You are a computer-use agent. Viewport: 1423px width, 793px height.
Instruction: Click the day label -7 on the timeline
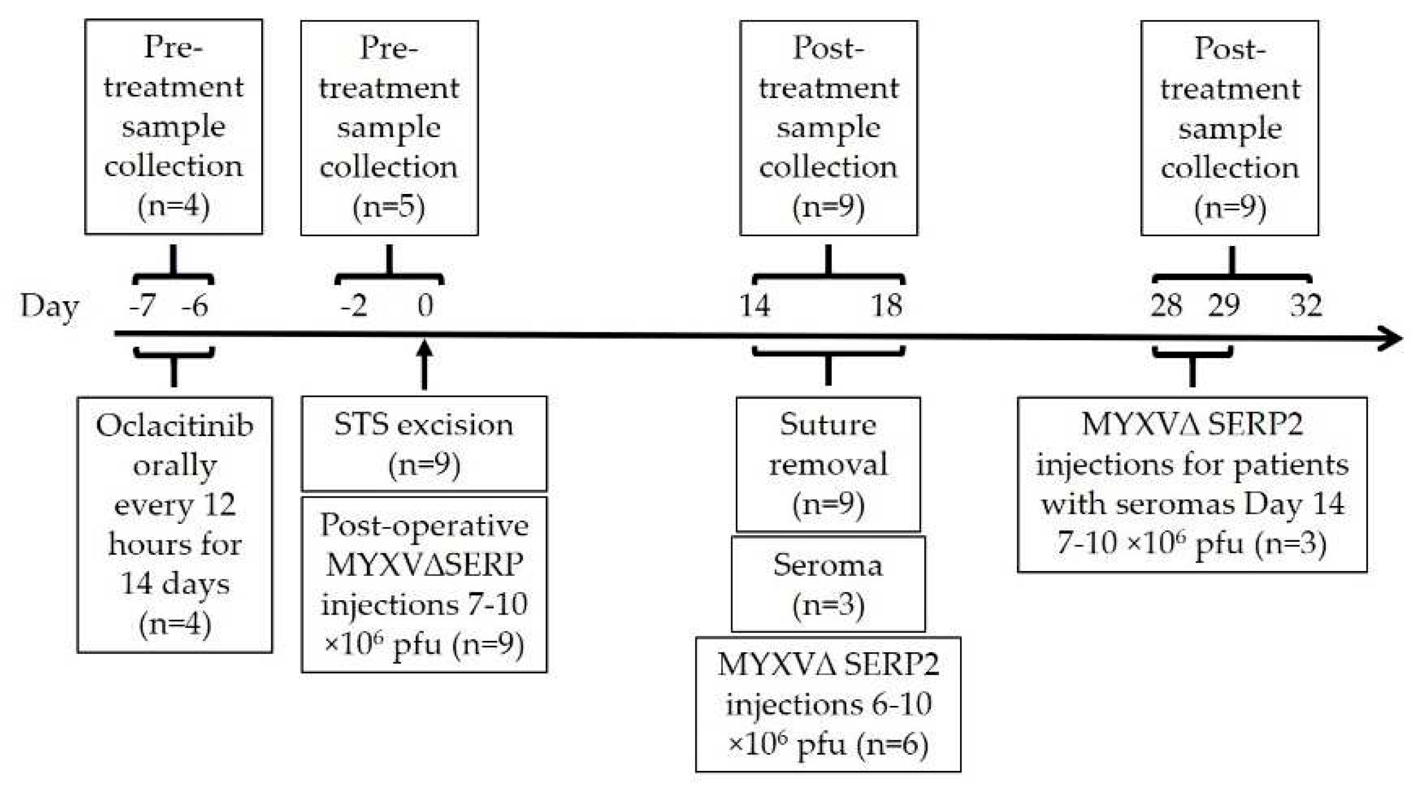[x=143, y=306]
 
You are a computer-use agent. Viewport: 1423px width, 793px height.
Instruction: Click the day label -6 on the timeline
[x=195, y=306]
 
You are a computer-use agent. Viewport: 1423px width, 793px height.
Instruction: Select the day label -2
[x=354, y=306]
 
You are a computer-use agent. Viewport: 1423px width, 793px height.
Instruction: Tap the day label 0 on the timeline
[x=425, y=306]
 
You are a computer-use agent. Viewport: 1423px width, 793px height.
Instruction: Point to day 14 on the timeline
[x=754, y=306]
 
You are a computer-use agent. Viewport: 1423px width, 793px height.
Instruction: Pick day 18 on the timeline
[x=887, y=306]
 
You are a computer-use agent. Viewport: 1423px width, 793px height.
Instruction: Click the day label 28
[x=1166, y=306]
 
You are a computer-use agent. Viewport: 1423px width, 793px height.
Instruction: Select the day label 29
[x=1224, y=306]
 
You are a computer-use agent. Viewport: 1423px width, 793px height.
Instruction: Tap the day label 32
[x=1306, y=306]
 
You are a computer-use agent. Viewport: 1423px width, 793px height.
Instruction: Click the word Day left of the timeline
[x=50, y=307]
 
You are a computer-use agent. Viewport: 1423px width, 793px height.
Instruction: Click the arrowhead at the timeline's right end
[x=1392, y=338]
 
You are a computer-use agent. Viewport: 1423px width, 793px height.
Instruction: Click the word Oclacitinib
[x=174, y=426]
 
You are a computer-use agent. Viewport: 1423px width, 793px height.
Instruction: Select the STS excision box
[x=424, y=443]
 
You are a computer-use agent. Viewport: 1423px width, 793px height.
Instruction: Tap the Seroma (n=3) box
[x=828, y=584]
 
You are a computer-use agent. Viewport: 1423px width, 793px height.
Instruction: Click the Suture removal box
[x=828, y=464]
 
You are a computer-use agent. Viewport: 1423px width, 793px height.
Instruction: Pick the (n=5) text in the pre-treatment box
[x=389, y=207]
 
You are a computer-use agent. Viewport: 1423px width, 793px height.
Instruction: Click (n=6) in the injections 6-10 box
[x=892, y=744]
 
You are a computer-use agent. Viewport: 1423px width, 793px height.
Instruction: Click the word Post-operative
[x=424, y=525]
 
